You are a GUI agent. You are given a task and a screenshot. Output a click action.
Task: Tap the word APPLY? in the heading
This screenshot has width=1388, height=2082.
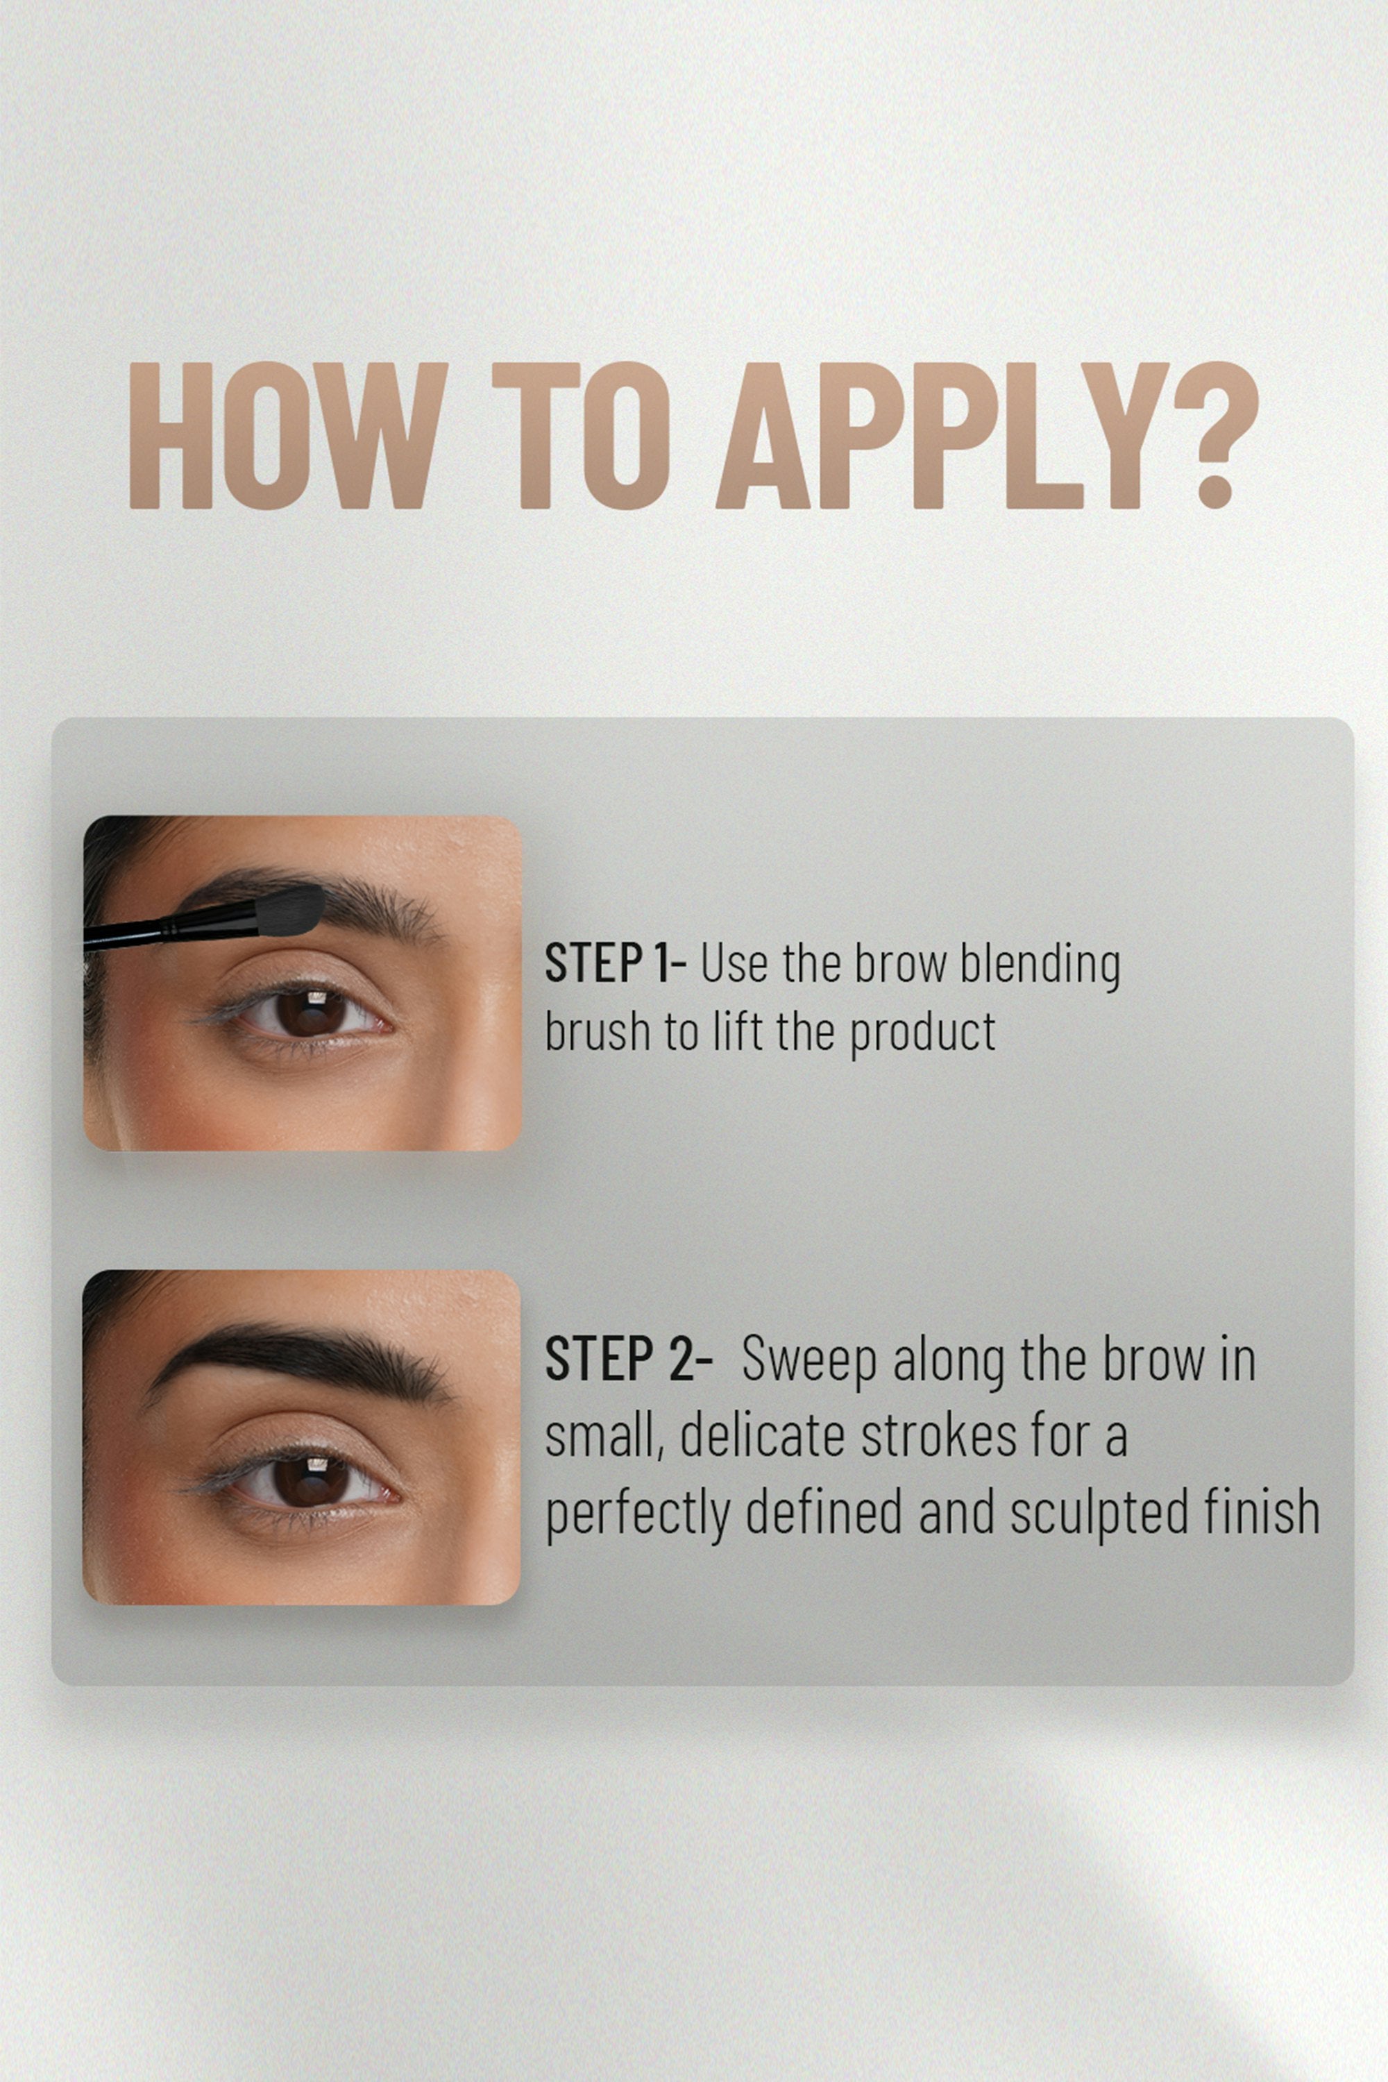point(987,436)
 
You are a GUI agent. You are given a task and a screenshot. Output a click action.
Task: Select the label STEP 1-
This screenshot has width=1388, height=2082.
point(615,963)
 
